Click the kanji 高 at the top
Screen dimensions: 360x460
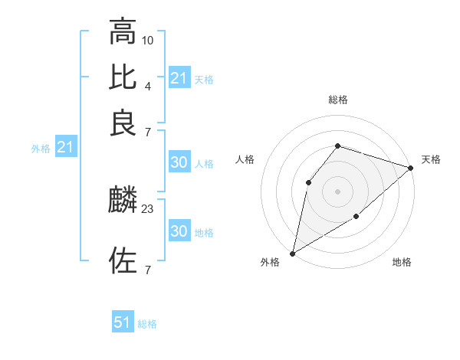[123, 31]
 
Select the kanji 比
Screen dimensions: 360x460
[123, 77]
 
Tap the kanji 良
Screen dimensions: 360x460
[123, 123]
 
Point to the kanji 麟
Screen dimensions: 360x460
[123, 201]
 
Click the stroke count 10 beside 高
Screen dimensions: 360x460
[148, 39]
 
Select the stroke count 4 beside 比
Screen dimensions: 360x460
[148, 86]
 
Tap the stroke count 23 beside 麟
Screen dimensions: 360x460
[148, 208]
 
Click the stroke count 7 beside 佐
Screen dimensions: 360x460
[148, 270]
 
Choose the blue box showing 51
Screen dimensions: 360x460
[123, 322]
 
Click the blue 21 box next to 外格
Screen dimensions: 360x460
[64, 147]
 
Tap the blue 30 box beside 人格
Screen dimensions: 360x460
[179, 162]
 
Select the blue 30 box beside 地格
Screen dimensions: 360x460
[179, 231]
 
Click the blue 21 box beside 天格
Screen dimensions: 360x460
[179, 78]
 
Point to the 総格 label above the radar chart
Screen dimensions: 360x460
[338, 100]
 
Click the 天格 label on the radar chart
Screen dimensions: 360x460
[431, 159]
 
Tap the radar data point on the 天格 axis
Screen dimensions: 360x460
[411, 168]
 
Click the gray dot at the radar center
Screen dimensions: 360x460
[337, 191]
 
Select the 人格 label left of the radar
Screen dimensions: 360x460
[245, 159]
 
